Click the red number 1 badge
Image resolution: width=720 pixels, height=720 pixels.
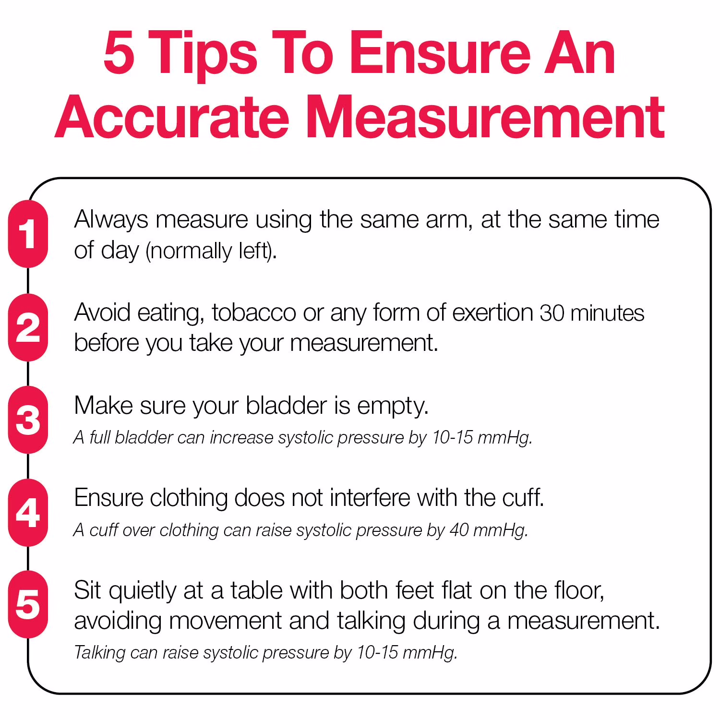pos(28,234)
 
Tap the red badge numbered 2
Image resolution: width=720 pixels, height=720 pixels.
pos(28,327)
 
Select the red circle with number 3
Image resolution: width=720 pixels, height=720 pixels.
pos(28,420)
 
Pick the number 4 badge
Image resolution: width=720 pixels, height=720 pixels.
pos(28,513)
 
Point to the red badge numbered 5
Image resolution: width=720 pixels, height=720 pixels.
pos(28,604)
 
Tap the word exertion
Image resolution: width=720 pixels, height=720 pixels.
pos(492,313)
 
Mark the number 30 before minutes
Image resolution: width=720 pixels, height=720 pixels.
pos(552,313)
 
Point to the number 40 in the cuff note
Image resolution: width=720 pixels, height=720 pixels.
pos(459,530)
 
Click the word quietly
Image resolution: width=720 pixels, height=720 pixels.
pos(143,591)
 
